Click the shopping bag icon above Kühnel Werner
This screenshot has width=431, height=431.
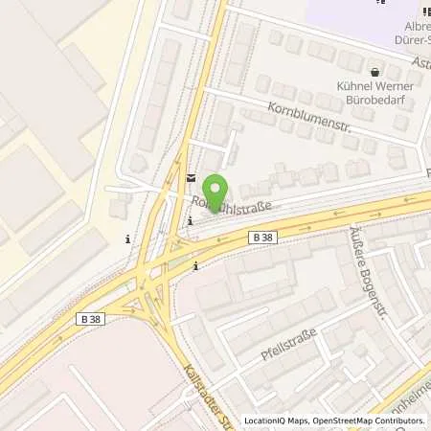374,70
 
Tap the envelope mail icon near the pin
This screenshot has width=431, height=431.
191,177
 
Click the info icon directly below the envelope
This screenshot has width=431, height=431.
191,222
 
